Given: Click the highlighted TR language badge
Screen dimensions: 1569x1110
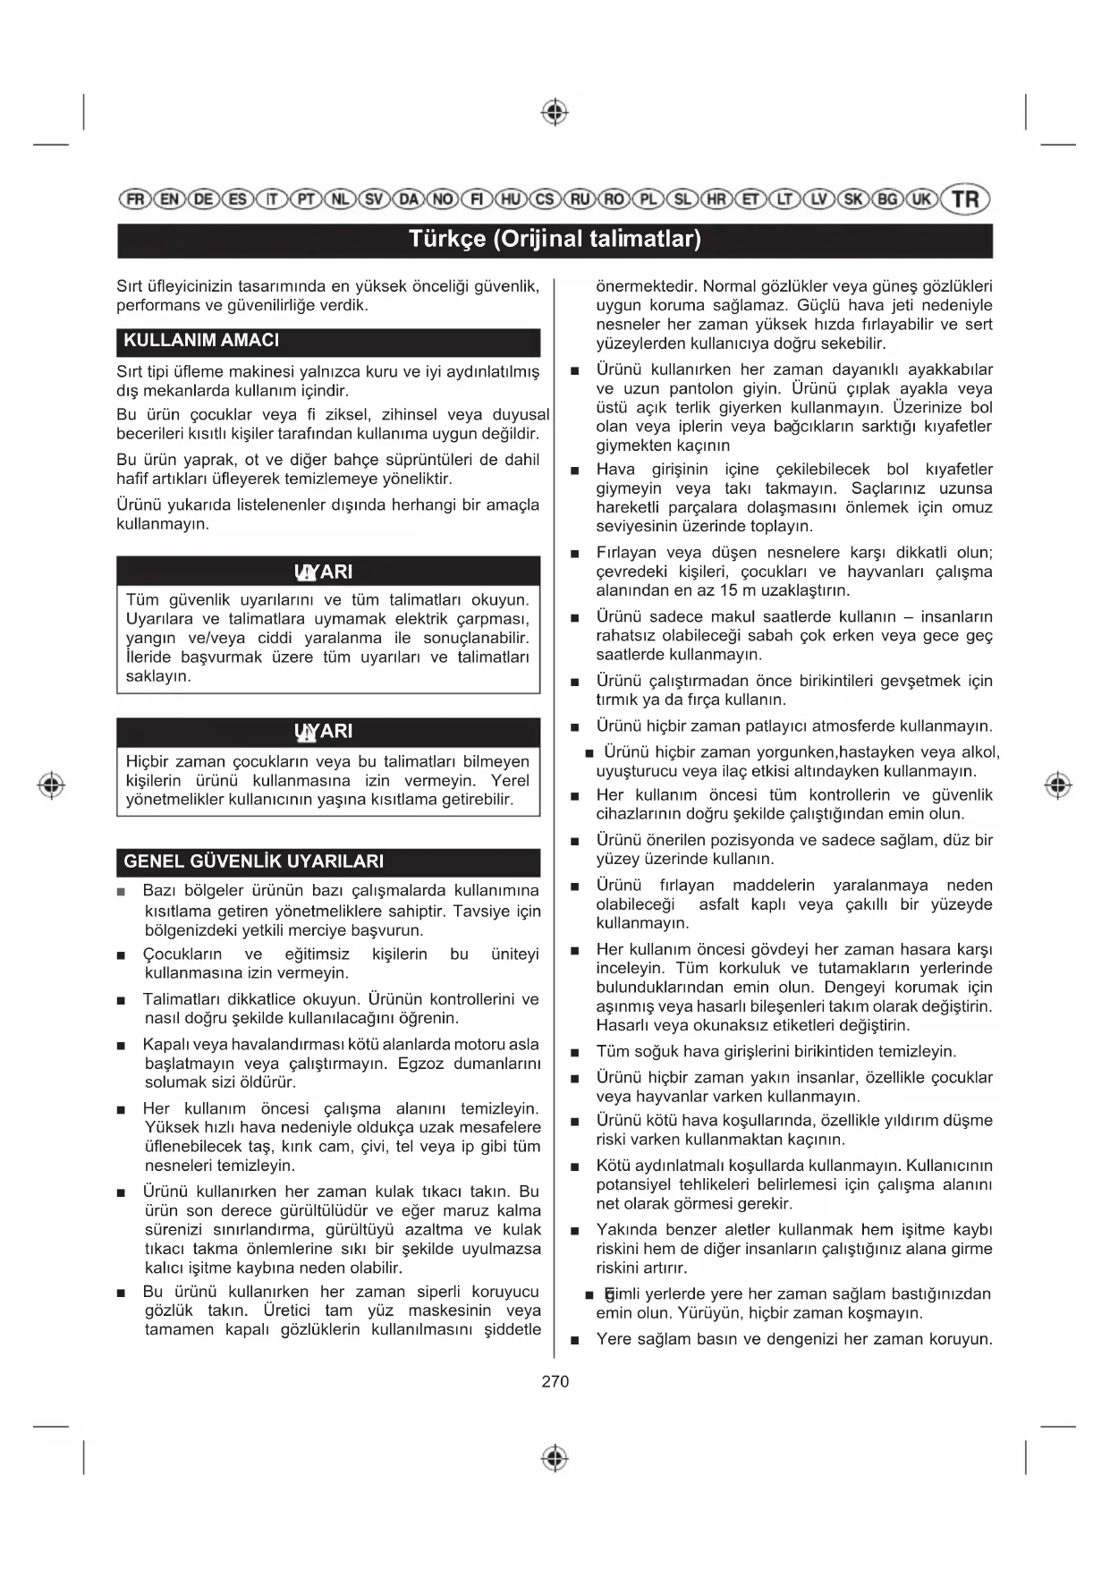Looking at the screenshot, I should point(967,199).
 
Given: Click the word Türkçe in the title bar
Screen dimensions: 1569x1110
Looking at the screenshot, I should point(446,239).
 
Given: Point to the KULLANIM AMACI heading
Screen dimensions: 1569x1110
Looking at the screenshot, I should point(201,341).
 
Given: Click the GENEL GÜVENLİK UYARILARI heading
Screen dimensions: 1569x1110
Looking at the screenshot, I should point(253,861).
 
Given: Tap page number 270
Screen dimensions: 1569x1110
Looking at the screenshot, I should point(555,1381).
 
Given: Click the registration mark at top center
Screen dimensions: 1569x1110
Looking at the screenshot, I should point(555,113).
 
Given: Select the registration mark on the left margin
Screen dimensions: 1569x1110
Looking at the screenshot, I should point(52,784).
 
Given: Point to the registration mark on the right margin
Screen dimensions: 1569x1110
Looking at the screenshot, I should point(1058,784).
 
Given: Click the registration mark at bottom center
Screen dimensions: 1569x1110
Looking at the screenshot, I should point(555,1458).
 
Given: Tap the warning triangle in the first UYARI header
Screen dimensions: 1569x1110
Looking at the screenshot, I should point(305,572).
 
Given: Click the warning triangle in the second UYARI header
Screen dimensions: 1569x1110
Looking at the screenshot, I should point(305,733).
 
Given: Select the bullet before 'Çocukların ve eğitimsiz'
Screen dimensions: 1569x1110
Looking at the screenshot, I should point(122,955).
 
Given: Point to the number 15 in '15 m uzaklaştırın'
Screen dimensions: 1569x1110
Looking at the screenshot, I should point(730,590).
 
